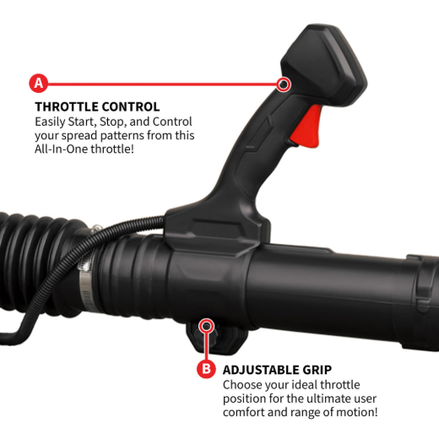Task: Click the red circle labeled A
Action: click(39, 84)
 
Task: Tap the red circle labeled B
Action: click(206, 368)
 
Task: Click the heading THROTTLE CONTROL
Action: click(97, 107)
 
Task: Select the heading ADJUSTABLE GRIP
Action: click(277, 370)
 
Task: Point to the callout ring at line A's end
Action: click(284, 84)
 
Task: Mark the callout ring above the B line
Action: click(206, 326)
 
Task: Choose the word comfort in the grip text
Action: click(244, 412)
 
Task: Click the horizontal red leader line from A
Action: click(162, 84)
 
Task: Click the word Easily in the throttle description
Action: click(50, 122)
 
